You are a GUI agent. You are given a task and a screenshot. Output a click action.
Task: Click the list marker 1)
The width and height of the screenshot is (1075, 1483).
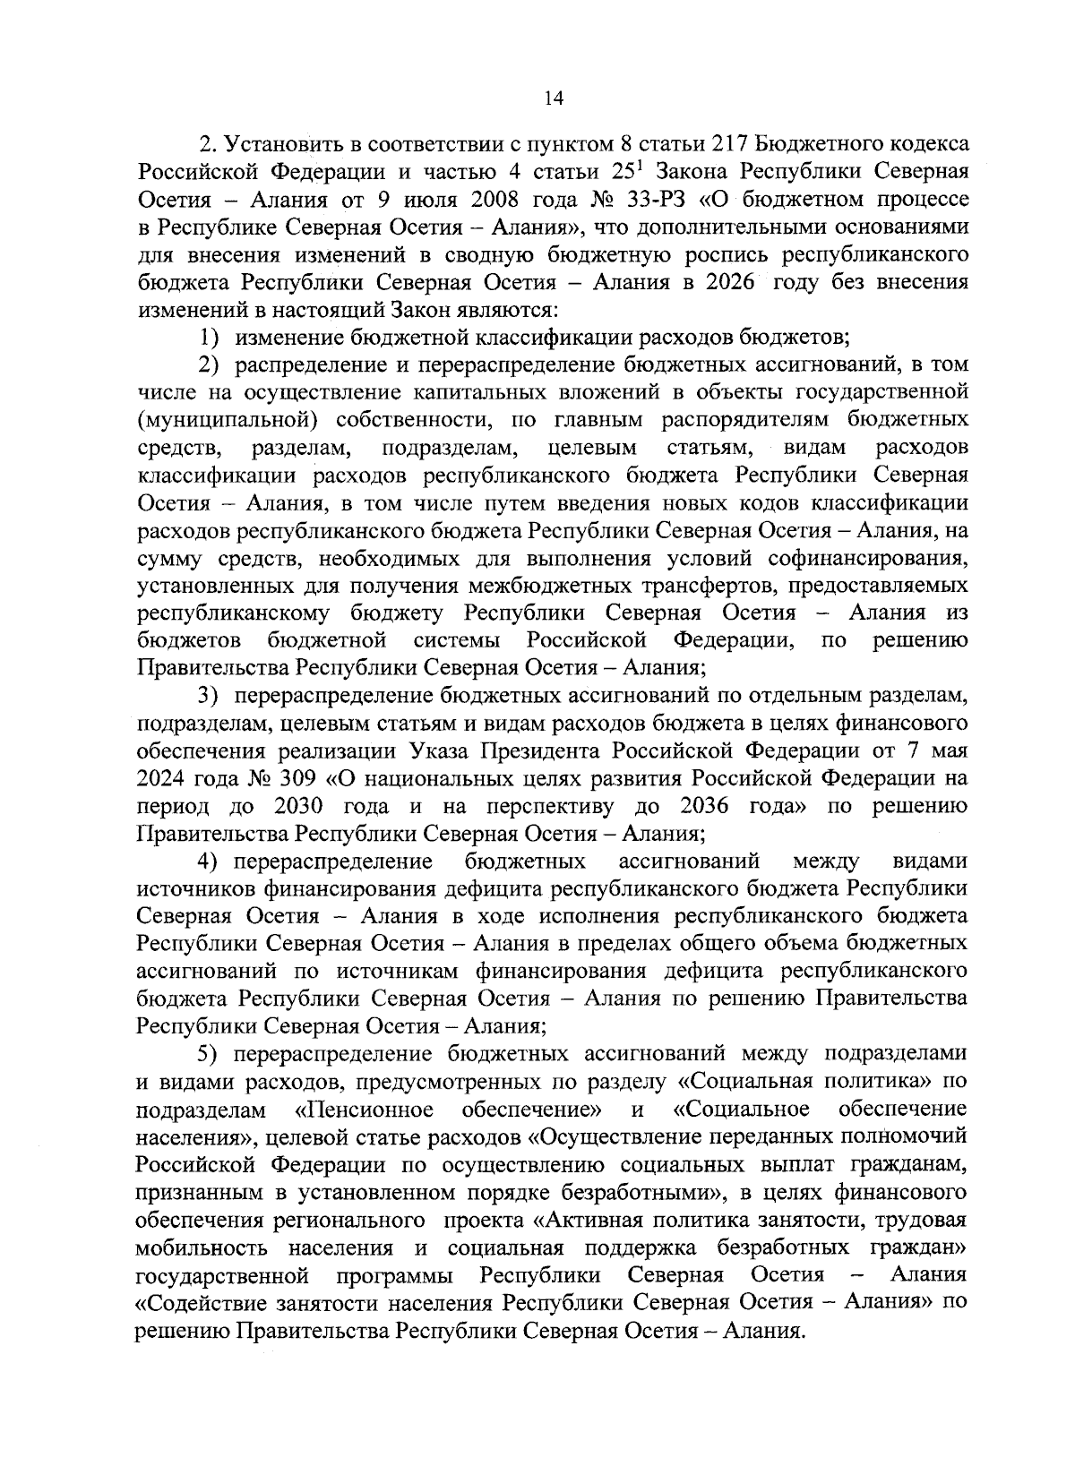209,338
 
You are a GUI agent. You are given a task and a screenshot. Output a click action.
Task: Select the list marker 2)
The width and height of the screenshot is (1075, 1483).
209,365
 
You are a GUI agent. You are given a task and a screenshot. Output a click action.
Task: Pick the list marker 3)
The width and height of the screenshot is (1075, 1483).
209,696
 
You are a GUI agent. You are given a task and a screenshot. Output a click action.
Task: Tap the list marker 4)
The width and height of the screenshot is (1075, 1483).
209,862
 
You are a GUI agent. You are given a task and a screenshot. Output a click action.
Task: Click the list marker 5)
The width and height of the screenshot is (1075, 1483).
209,1054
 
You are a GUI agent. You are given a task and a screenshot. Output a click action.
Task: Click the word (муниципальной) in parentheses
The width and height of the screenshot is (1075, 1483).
223,420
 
